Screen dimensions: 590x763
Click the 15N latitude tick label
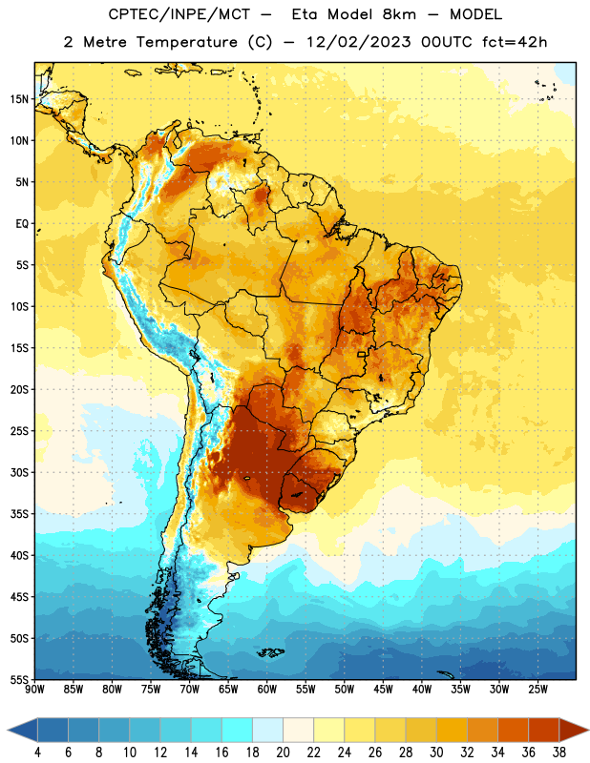pos(19,99)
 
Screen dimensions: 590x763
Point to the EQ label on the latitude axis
pos(22,224)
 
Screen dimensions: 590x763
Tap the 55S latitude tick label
pos(19,679)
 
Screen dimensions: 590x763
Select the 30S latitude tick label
pos(19,472)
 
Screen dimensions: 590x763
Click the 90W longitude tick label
pos(34,689)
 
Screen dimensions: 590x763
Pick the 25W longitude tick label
pos(537,689)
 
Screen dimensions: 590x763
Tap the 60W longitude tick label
pos(267,689)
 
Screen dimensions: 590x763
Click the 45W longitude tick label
pos(383,689)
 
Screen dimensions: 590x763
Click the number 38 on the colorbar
pos(558,753)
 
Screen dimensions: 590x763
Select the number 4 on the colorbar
pos(37,753)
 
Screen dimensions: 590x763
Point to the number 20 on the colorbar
pos(283,753)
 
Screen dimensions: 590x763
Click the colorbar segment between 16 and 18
pos(238,731)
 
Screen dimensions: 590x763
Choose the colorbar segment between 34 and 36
pos(513,731)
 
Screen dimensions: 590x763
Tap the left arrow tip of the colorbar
pos(8,731)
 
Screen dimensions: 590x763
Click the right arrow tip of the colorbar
pos(588,731)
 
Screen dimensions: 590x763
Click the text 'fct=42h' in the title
pos(515,42)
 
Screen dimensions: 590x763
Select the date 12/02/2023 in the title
pos(359,42)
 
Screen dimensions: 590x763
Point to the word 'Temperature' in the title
pos(187,42)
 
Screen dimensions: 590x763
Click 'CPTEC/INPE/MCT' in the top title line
pos(179,14)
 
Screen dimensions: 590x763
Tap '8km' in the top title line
pos(399,14)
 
